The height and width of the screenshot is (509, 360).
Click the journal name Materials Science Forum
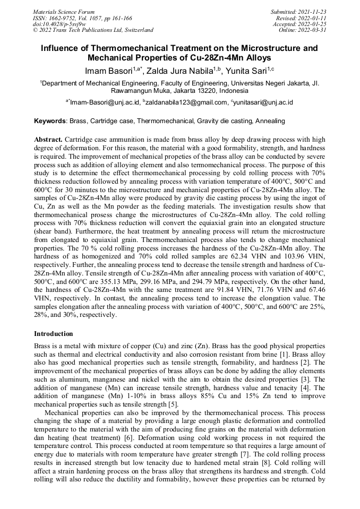[64, 12]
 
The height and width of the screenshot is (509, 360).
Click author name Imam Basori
[109, 71]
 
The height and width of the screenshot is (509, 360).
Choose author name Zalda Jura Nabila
[173, 71]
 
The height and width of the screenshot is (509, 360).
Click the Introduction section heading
[54, 334]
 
